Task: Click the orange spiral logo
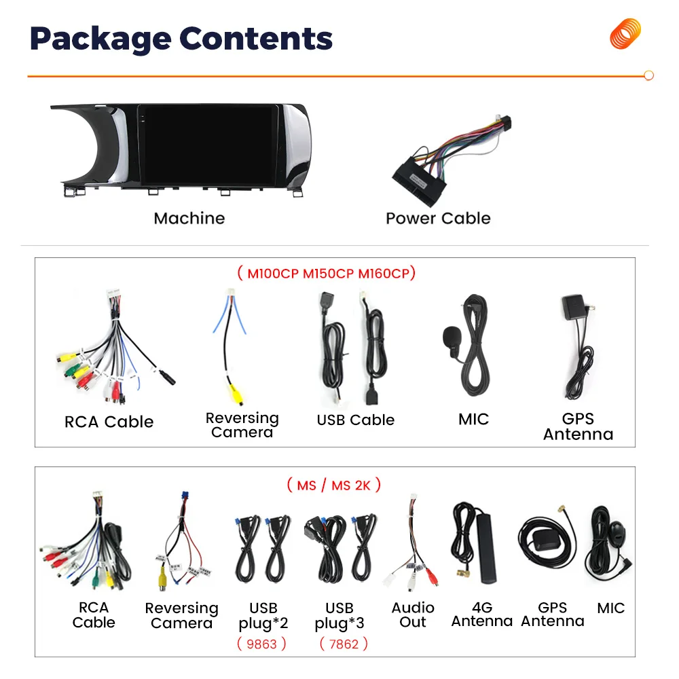tap(625, 33)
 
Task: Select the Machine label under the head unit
tap(189, 218)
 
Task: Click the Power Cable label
tap(438, 218)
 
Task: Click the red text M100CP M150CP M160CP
tap(326, 274)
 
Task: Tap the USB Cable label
tap(355, 420)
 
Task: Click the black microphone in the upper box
tap(450, 336)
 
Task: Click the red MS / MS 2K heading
tap(333, 485)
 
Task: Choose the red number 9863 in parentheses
tap(262, 644)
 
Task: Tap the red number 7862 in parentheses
tap(344, 644)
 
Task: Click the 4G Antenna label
tap(481, 614)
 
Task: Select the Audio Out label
tap(413, 614)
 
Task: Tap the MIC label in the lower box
tap(610, 608)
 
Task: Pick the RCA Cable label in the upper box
tap(109, 422)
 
